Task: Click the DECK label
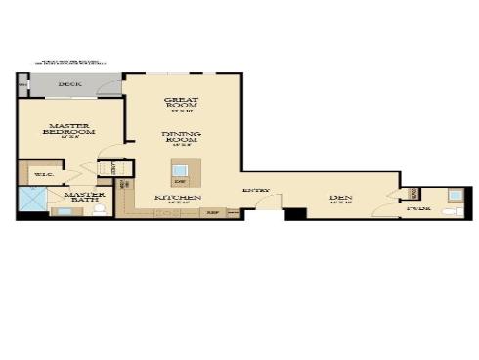[69, 85]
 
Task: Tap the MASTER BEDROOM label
[70, 129]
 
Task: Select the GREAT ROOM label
[182, 102]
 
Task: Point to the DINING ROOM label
[182, 138]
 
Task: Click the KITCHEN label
[179, 199]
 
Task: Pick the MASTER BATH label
[84, 199]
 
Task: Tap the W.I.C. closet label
[43, 175]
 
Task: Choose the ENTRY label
[256, 190]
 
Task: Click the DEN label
[341, 199]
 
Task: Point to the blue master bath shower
[31, 202]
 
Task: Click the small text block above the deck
[70, 63]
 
